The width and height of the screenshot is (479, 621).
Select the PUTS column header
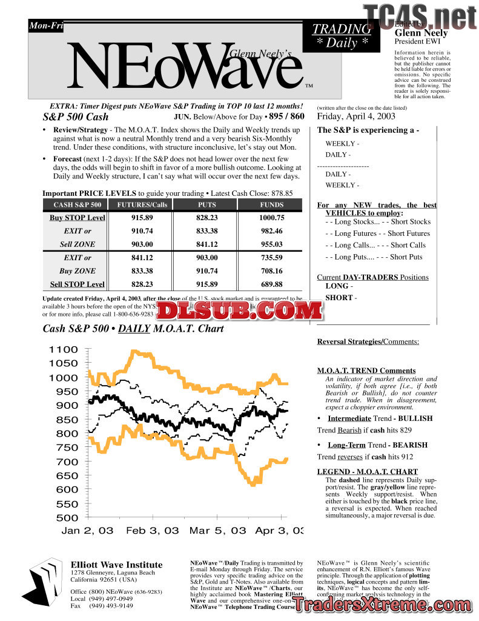pyautogui.click(x=207, y=205)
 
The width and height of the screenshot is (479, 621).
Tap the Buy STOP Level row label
pyautogui.click(x=77, y=218)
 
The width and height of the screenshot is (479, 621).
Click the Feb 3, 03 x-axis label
pyautogui.click(x=153, y=531)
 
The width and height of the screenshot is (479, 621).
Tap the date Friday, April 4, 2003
pyautogui.click(x=356, y=116)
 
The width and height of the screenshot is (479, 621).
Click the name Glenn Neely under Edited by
pyautogui.click(x=421, y=33)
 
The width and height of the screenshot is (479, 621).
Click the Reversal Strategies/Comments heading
pyautogui.click(x=368, y=342)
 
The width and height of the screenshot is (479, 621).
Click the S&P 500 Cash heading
pyautogui.click(x=76, y=117)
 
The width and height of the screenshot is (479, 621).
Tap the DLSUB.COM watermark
pyautogui.click(x=242, y=311)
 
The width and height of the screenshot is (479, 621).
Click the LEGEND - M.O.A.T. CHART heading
pyautogui.click(x=367, y=472)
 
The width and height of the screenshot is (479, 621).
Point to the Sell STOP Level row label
pyautogui.click(x=77, y=284)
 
